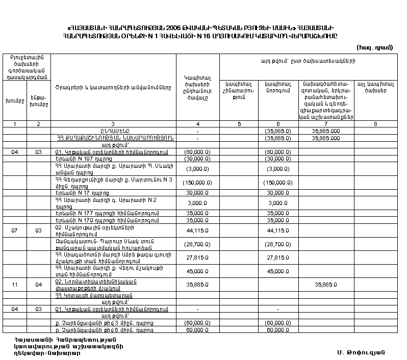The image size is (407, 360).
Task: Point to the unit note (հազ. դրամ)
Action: (379, 46)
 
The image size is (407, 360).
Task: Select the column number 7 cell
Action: (326, 124)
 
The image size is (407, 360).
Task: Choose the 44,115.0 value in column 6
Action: (278, 231)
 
